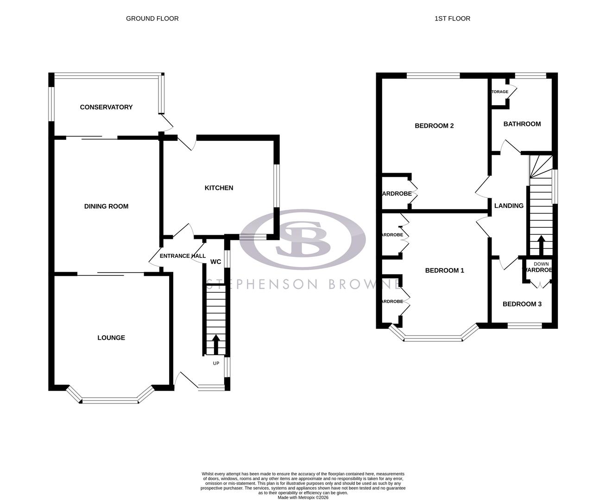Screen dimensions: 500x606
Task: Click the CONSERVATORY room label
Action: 106,107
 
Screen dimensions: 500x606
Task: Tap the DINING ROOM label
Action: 106,206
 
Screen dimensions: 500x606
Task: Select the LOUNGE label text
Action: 111,338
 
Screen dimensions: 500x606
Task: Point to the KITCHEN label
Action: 219,188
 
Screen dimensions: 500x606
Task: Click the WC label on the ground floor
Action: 215,262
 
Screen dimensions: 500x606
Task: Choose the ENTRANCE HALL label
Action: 183,256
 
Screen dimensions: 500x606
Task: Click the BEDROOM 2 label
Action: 434,126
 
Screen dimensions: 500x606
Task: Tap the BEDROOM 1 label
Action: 444,270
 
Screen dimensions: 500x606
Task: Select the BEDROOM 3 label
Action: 522,304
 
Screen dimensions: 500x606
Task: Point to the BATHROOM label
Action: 522,124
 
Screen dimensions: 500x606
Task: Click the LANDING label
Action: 509,206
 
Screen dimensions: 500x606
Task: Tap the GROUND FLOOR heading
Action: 152,19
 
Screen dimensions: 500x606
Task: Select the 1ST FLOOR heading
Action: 452,19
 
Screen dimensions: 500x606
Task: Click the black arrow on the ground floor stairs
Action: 216,344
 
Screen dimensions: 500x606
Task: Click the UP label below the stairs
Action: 216,363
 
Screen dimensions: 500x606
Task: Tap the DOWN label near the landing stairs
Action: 541,264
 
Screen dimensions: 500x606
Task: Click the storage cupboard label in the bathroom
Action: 500,92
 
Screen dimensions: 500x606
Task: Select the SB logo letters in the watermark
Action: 302,239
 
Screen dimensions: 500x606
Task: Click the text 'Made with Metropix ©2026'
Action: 303,498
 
